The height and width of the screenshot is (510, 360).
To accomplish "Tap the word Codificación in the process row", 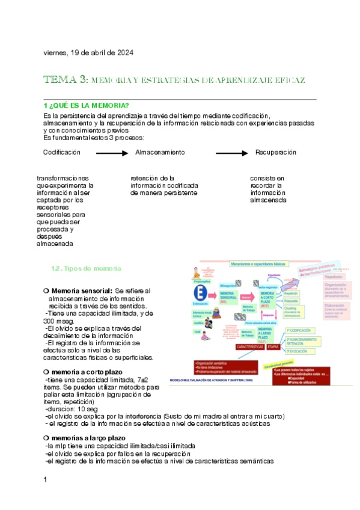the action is pos(61,153).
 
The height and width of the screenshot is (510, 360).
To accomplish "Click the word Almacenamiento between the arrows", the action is pos(160,153).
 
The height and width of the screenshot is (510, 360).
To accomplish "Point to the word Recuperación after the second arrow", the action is pos(276,153).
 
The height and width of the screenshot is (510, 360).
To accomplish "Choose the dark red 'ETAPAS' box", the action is pos(273,347).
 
